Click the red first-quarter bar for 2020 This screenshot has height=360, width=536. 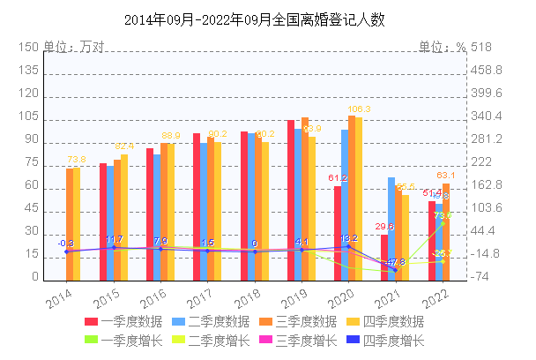coord(338,231)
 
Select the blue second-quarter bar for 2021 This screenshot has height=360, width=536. coord(391,228)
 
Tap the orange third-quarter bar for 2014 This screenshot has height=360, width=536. coord(70,222)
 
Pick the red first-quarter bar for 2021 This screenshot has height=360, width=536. coord(384,256)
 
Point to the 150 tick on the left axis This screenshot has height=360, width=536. coord(29,48)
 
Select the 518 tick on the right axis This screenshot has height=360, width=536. coord(481,48)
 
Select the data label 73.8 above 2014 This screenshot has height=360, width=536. coord(77,160)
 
